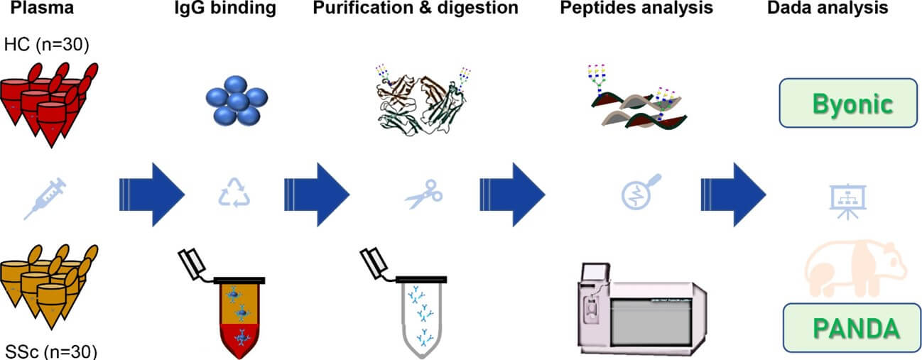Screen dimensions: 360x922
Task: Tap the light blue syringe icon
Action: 44,197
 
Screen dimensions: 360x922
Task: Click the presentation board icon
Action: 845,200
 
